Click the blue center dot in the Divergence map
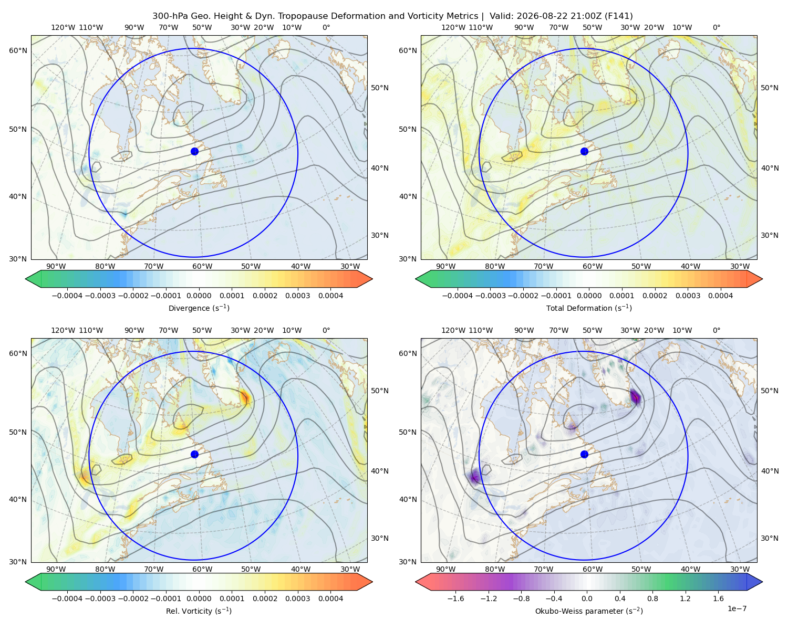[x=194, y=151]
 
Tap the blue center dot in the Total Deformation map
[x=584, y=151]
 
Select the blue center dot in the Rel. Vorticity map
[x=194, y=454]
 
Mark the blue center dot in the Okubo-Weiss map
[x=584, y=454]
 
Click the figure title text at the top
[x=392, y=16]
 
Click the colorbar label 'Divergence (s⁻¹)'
[x=199, y=308]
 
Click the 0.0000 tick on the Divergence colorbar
[x=199, y=296]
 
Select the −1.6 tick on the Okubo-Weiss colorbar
[x=455, y=598]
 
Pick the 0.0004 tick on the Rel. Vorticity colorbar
[x=330, y=598]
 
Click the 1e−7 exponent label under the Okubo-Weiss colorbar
[x=737, y=608]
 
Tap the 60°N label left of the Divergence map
[x=18, y=50]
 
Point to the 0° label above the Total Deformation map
[x=716, y=27]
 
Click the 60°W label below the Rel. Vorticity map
[x=202, y=569]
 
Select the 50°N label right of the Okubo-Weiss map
[x=770, y=391]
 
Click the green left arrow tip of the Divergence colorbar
[x=26, y=279]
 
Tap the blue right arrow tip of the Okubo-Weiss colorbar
[x=762, y=582]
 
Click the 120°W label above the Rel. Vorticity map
[x=63, y=330]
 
